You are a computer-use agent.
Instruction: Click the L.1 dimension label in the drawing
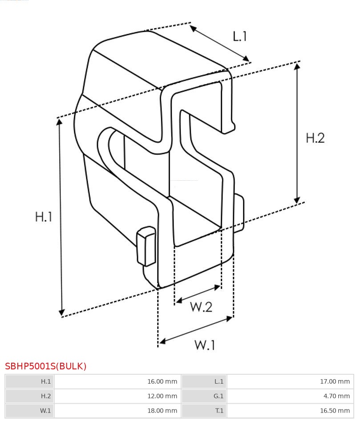[240, 36]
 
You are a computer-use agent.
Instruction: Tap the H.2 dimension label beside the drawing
[315, 138]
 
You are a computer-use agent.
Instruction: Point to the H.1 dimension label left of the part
[44, 217]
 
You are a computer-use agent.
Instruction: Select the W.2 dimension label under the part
[201, 307]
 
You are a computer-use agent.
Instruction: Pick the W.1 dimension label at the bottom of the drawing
[205, 345]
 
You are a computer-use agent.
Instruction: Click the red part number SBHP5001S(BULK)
[46, 366]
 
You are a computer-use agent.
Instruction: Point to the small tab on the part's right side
[239, 214]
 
